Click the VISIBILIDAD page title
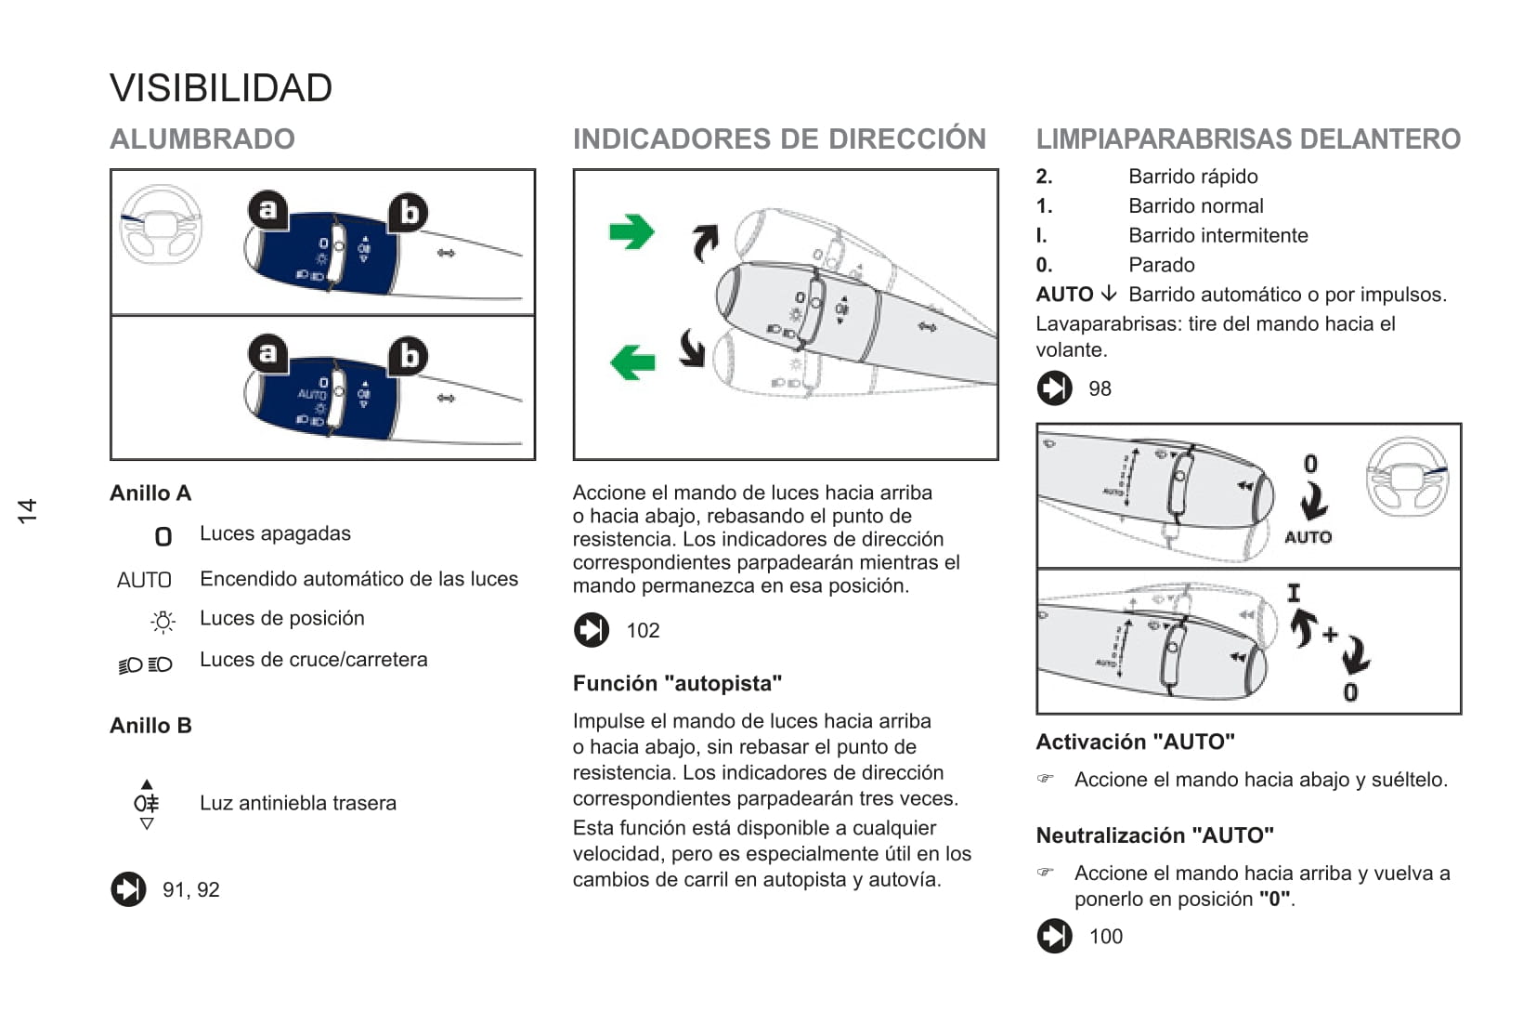pos(221,88)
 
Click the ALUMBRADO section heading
pos(202,139)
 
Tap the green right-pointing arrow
pos(632,232)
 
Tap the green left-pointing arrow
pos(632,361)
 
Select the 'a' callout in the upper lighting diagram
pos(267,210)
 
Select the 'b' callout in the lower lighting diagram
pos(408,357)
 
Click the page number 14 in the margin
pos(28,510)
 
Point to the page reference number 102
pos(643,631)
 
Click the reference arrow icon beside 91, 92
pos(128,889)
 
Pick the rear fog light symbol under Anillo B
pos(147,804)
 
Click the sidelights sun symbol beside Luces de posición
pos(163,622)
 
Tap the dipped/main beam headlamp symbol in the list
pos(146,664)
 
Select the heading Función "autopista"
pos(677,684)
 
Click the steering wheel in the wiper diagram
pos(1407,477)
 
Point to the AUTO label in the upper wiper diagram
pos(1308,537)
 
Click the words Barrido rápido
pos(1192,177)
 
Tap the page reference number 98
pos(1100,389)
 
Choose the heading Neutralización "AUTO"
pos(1154,835)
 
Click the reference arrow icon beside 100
pos(1054,936)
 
